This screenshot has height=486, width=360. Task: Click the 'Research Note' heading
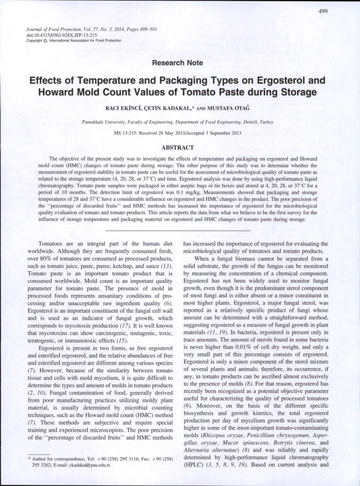180,63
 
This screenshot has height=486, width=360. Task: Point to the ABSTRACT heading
180,148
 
